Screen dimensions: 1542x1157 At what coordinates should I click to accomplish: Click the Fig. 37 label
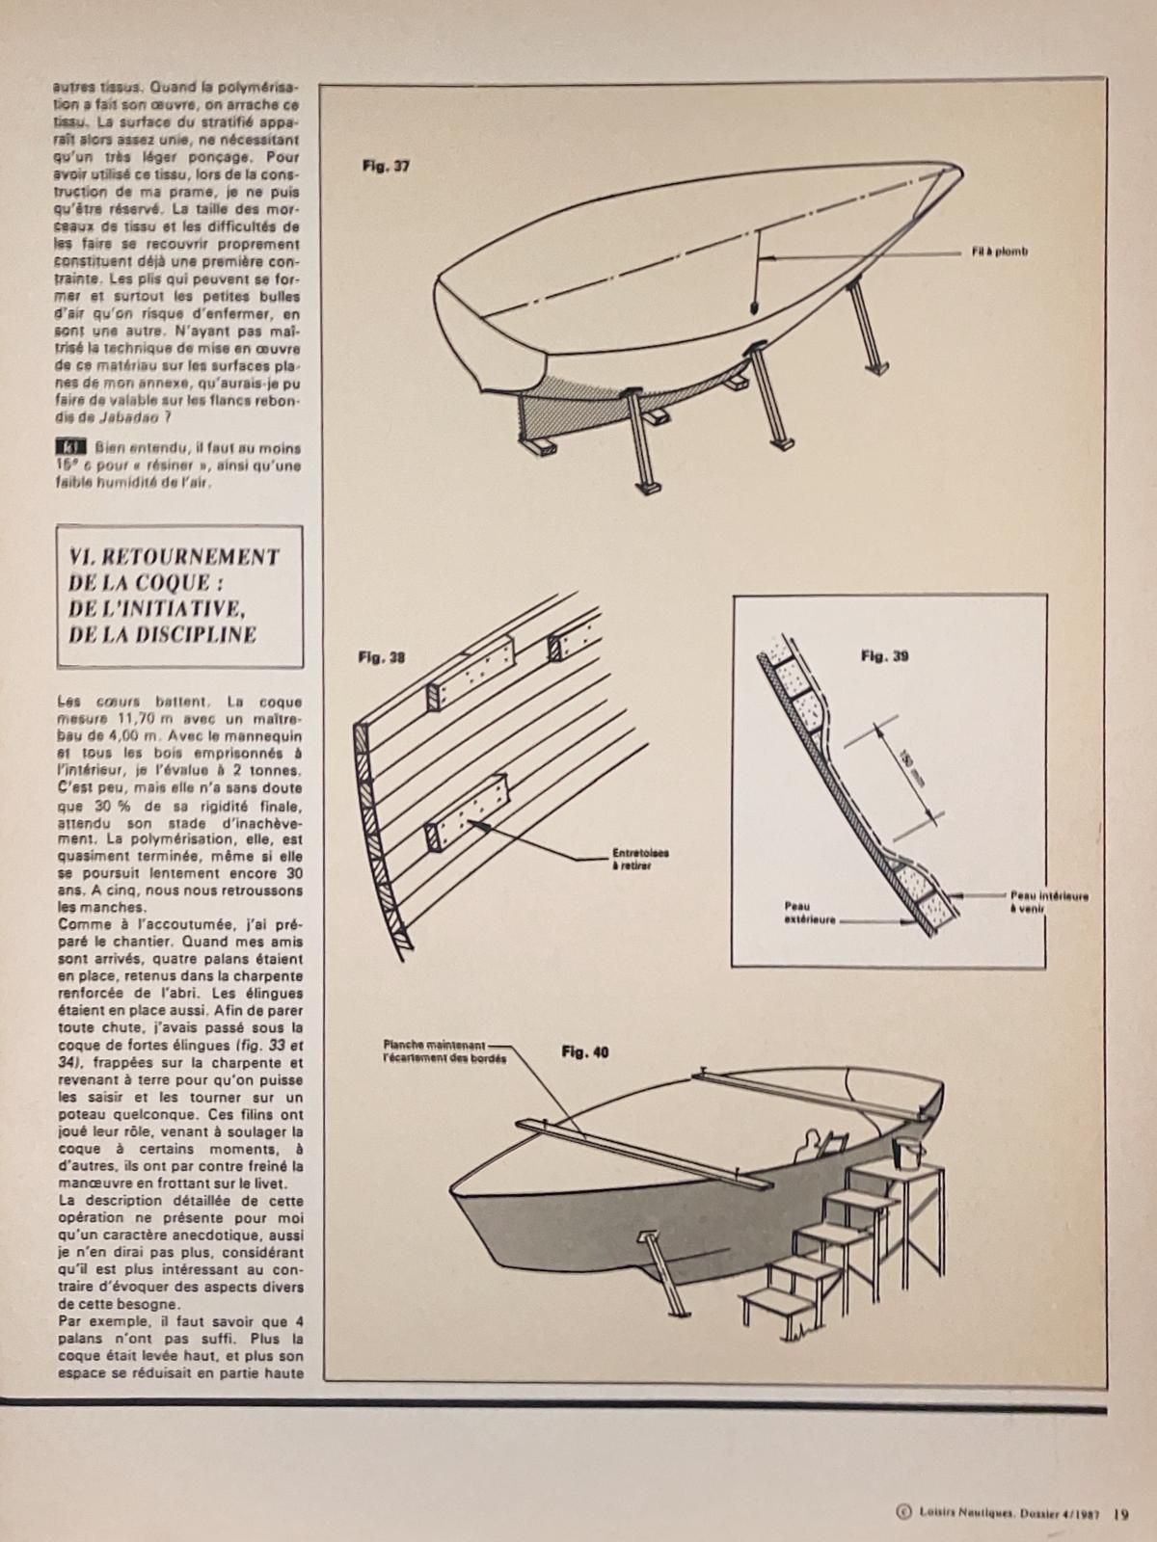[386, 166]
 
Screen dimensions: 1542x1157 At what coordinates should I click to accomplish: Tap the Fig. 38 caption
[382, 658]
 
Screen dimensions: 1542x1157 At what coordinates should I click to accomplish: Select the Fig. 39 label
[884, 656]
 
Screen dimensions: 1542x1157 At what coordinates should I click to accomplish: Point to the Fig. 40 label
[584, 1052]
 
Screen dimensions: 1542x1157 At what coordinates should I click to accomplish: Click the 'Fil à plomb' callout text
[1000, 253]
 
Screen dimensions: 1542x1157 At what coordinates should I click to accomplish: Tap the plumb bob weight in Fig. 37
[753, 308]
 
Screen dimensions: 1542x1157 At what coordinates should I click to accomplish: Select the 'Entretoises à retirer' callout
[640, 859]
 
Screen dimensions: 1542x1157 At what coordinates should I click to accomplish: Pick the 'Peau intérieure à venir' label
[1049, 901]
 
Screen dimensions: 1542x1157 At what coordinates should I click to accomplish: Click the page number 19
[1120, 1512]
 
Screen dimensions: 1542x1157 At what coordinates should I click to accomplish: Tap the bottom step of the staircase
[774, 1307]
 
